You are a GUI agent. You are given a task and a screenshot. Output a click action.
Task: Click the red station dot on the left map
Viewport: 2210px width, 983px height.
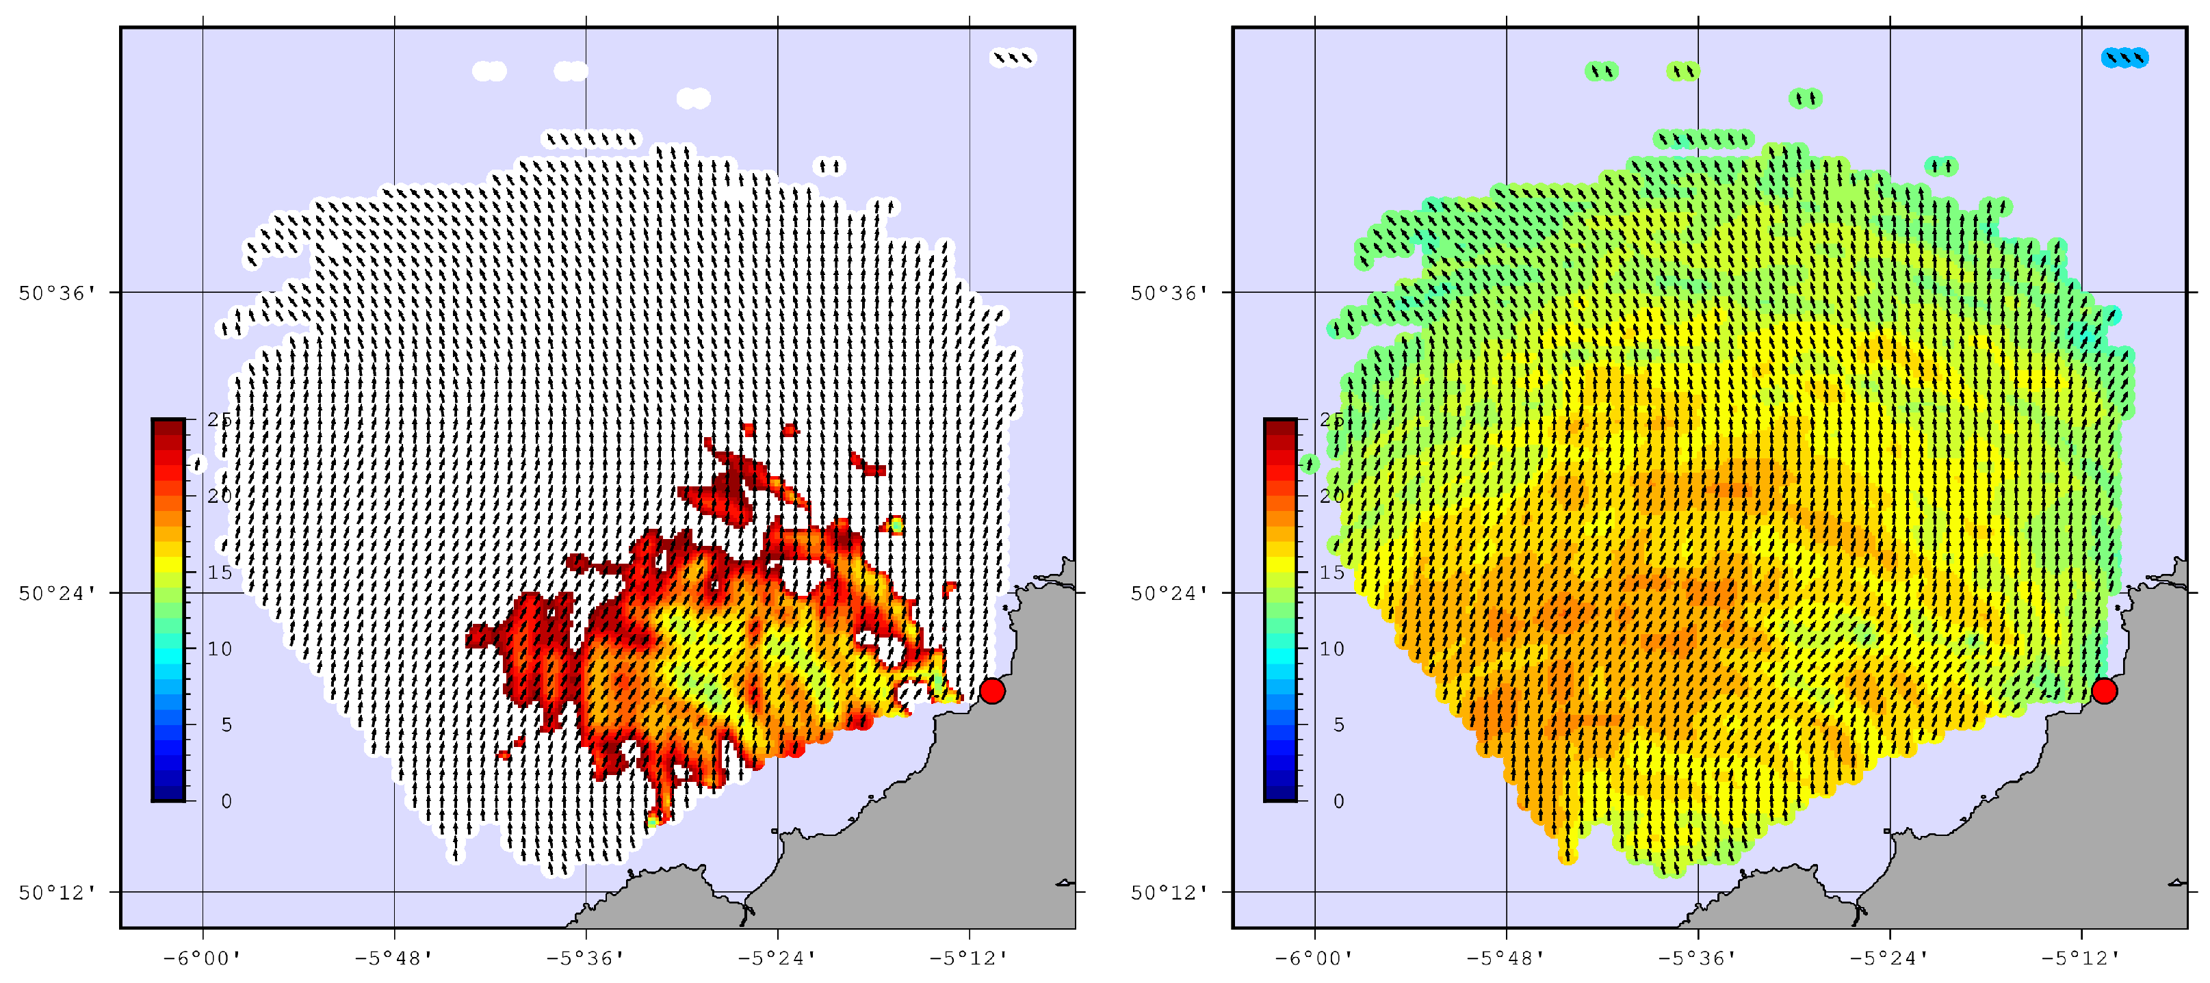tap(991, 690)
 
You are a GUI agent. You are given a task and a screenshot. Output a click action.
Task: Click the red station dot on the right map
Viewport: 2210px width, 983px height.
tap(2104, 690)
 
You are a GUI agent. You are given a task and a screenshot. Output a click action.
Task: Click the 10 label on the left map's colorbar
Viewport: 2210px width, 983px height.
tap(220, 649)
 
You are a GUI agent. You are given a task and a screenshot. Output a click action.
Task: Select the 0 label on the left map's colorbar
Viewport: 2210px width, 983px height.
tap(226, 801)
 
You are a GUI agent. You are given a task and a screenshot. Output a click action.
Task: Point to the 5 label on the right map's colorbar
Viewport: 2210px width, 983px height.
tap(1338, 726)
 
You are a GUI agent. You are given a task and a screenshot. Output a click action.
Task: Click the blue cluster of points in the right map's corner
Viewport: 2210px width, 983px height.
tap(2124, 57)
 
